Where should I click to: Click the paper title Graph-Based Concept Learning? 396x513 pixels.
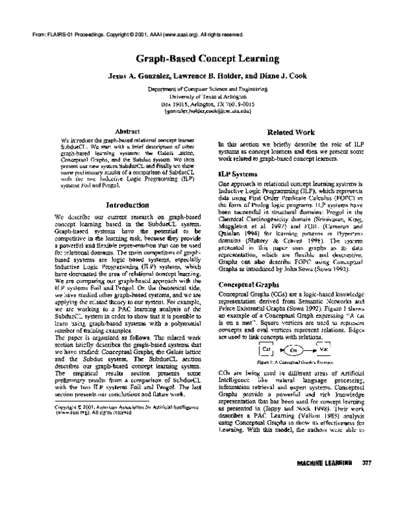tap(198, 58)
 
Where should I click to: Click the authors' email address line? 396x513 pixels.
tap(198, 112)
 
